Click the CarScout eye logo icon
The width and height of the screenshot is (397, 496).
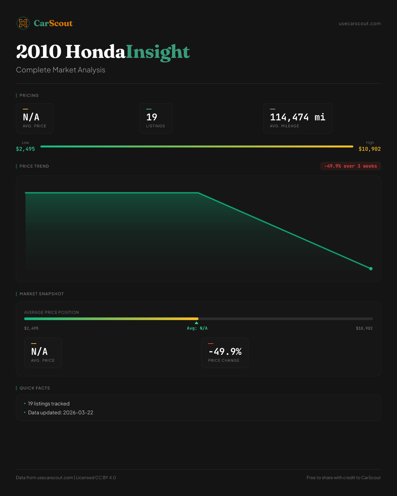pos(23,23)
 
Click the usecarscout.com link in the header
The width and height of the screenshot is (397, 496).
pos(360,23)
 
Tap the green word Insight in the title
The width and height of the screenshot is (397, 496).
pos(158,52)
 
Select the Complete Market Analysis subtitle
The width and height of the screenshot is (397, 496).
pos(61,70)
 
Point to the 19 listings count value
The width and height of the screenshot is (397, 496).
pos(152,117)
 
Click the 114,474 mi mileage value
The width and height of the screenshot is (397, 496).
pos(297,117)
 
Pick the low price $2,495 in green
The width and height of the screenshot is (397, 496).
pos(25,149)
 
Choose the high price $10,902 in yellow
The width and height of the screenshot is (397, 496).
pos(370,149)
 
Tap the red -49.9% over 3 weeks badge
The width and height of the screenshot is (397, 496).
pos(350,166)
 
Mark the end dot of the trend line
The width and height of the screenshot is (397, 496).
pos(371,269)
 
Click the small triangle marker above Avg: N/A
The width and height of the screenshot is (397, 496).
pos(197,323)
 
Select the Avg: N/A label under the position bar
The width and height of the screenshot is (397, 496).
pos(197,328)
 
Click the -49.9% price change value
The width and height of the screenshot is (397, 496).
pos(225,351)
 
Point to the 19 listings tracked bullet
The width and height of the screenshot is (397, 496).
pos(49,404)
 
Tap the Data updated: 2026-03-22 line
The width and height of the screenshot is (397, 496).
pos(61,413)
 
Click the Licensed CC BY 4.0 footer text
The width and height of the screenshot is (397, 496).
pos(96,477)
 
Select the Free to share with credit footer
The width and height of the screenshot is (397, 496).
pos(343,477)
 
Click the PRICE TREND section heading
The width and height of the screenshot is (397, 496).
pos(34,166)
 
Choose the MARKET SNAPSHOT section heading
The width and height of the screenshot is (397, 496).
pos(41,294)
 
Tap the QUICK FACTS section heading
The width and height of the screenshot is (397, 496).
pos(34,388)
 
